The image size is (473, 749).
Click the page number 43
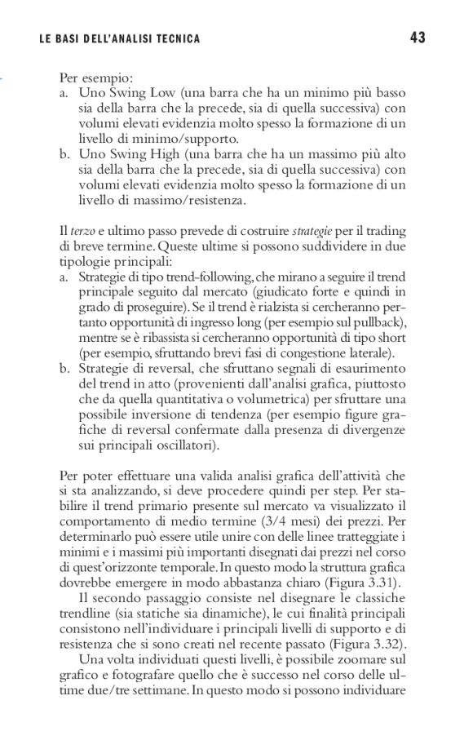pyautogui.click(x=418, y=38)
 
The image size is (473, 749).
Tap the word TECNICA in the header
pyautogui.click(x=175, y=38)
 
